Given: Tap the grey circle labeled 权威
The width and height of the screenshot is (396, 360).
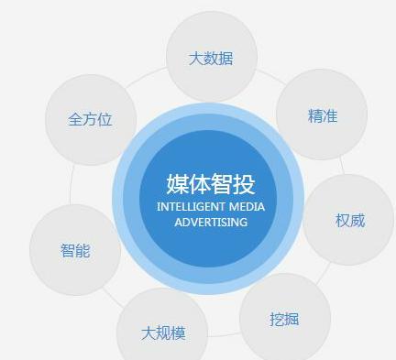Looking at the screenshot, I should pos(349,220).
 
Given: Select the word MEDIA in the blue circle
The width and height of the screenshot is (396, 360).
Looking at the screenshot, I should pos(247,207).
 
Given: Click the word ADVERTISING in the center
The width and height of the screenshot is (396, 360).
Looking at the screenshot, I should pos(211,223).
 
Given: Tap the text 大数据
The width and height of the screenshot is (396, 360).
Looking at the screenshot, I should pos(211,59).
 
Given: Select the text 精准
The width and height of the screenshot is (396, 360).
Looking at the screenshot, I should pos(322,116).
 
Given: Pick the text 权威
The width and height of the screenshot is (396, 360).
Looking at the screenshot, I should pos(349,221).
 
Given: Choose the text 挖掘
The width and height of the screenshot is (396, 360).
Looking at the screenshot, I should pos(284,320).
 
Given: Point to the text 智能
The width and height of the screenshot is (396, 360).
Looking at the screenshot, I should pos(75,250).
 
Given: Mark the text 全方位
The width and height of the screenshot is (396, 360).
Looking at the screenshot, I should pos(90,120).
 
